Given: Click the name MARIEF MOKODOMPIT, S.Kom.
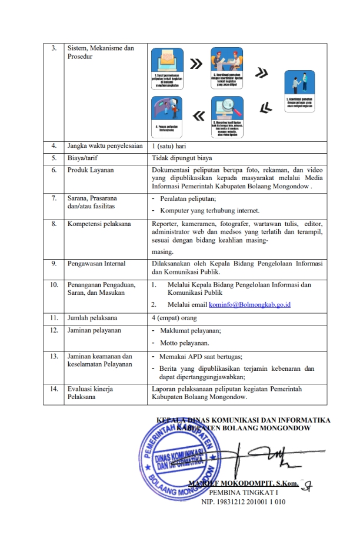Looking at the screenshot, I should coord(242,483).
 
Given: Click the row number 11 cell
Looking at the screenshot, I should coord(54,317).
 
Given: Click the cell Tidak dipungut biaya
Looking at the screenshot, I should coord(182,158).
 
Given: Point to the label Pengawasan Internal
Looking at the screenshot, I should coord(96,264).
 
